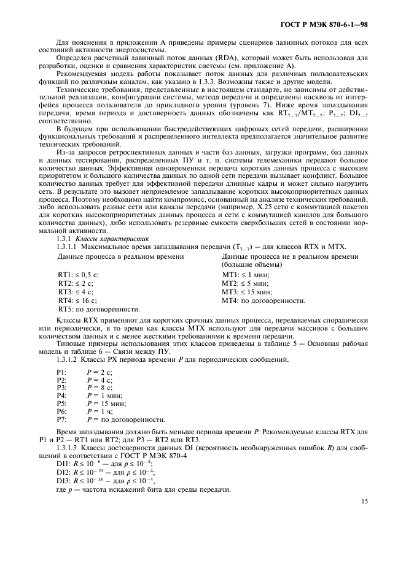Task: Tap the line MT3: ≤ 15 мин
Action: pos(247,293)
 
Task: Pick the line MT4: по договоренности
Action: pos(264,300)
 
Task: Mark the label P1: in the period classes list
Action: pos(61,372)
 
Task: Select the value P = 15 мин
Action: pos(106,404)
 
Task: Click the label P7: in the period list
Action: pos(61,420)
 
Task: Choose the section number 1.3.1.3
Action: pos(68,448)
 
